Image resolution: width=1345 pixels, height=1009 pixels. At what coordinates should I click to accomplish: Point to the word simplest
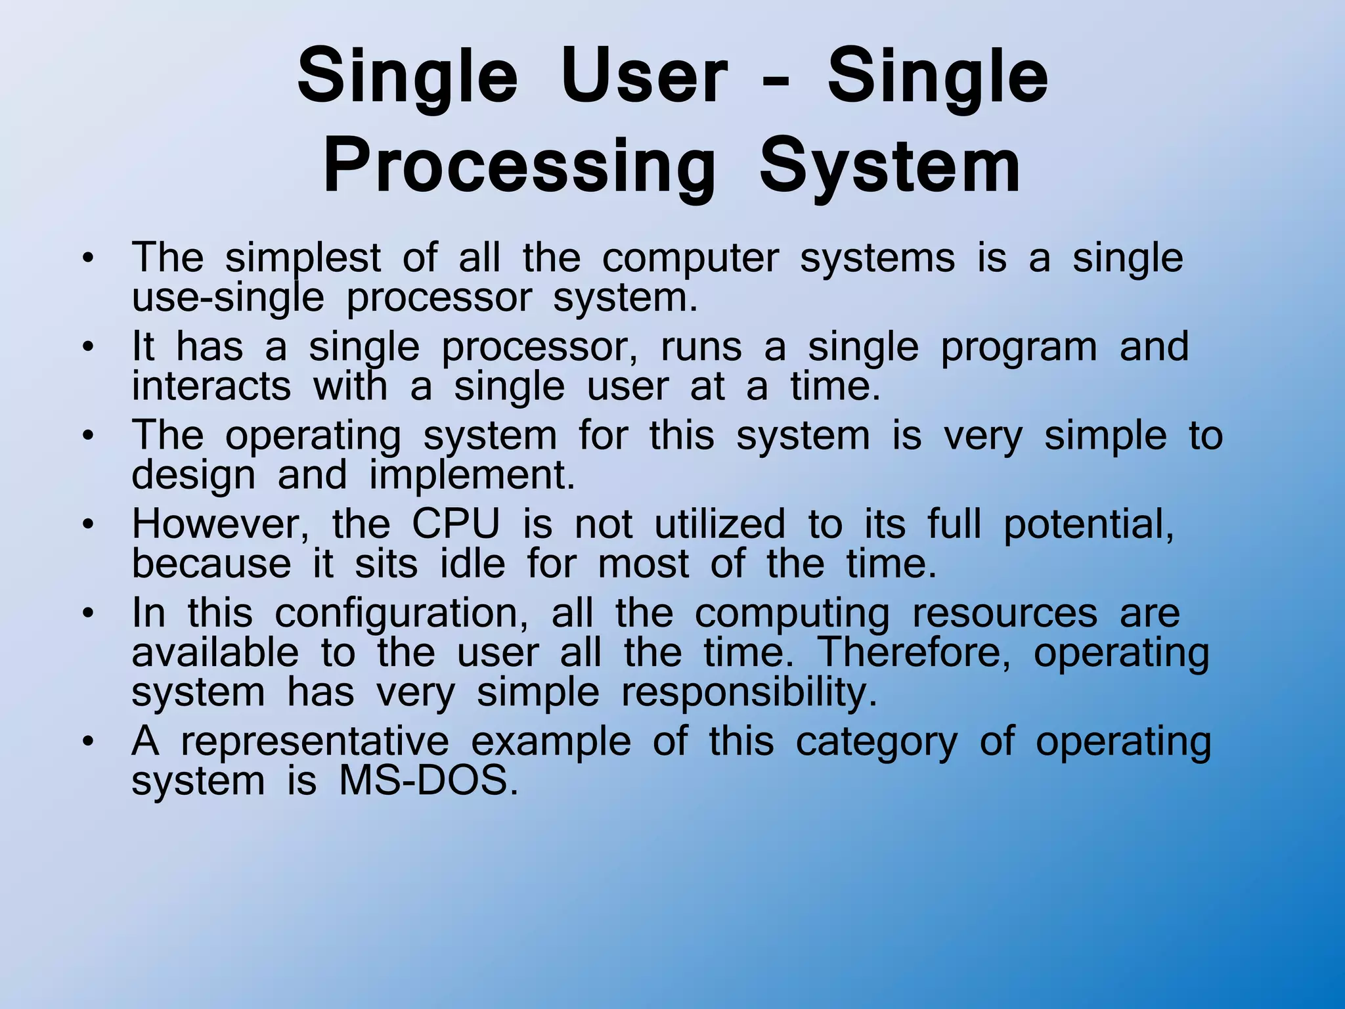303,258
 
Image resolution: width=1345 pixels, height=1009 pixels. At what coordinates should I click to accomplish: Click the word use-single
227,299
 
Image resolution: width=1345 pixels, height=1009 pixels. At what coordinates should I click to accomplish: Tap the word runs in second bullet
700,347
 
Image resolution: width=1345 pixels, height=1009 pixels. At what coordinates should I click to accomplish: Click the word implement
472,476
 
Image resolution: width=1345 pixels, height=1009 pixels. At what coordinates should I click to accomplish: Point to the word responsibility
749,693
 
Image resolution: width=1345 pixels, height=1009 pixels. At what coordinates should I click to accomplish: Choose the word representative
315,742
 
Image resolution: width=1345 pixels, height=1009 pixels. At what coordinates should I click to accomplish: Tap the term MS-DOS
428,782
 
